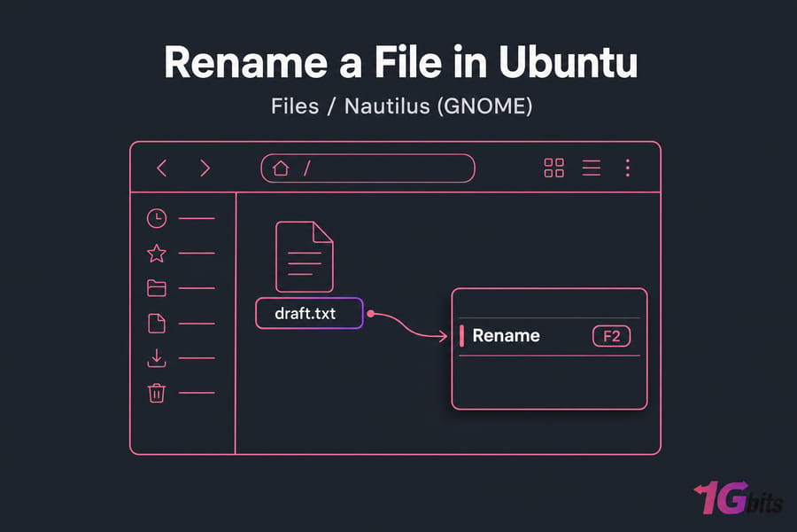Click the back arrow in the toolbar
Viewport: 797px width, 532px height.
pyautogui.click(x=161, y=168)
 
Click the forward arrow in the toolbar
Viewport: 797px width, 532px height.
pyautogui.click(x=205, y=168)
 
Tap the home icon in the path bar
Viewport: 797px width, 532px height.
pyautogui.click(x=281, y=168)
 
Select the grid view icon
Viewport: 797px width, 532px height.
pyautogui.click(x=553, y=168)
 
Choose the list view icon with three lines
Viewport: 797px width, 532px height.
pyautogui.click(x=592, y=168)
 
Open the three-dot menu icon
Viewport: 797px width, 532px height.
pyautogui.click(x=628, y=168)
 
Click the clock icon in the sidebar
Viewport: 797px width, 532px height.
pyautogui.click(x=157, y=218)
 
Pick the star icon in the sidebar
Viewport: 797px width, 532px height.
pyautogui.click(x=157, y=253)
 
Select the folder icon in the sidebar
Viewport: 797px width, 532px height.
pyautogui.click(x=157, y=288)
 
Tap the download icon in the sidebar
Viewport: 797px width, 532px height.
pyautogui.click(x=157, y=358)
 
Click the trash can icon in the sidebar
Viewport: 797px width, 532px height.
pyautogui.click(x=157, y=393)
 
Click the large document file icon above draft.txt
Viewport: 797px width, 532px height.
pyautogui.click(x=304, y=256)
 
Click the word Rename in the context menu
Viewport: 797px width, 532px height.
pyautogui.click(x=506, y=336)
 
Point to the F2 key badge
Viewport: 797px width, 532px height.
pyautogui.click(x=611, y=337)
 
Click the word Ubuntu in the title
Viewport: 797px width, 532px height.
pyautogui.click(x=568, y=62)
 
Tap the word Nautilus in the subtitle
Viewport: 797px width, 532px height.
pyautogui.click(x=387, y=106)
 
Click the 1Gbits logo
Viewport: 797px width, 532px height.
pyautogui.click(x=738, y=497)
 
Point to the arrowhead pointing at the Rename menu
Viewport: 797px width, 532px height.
pyautogui.click(x=442, y=336)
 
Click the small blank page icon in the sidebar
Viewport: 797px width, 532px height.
pyautogui.click(x=157, y=324)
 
